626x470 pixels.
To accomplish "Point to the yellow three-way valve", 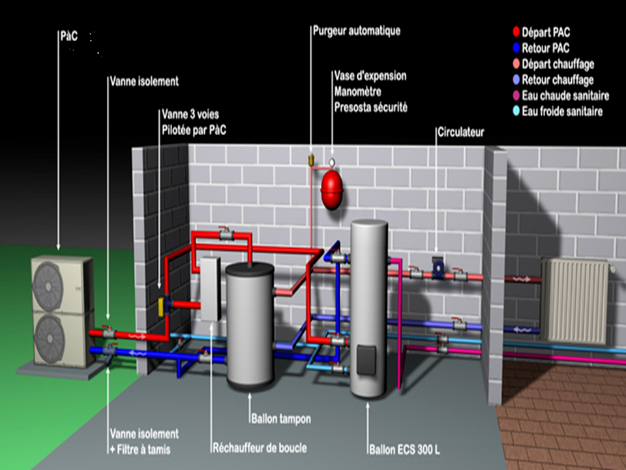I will point(162,304).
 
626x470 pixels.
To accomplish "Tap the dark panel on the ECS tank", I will point(367,361).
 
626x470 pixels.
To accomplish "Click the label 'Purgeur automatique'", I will point(356,31).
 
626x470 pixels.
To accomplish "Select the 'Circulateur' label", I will point(460,133).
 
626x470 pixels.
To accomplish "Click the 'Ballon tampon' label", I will point(280,418).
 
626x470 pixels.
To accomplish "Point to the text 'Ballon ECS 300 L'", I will point(404,450).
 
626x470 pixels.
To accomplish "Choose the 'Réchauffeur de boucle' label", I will point(260,448).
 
